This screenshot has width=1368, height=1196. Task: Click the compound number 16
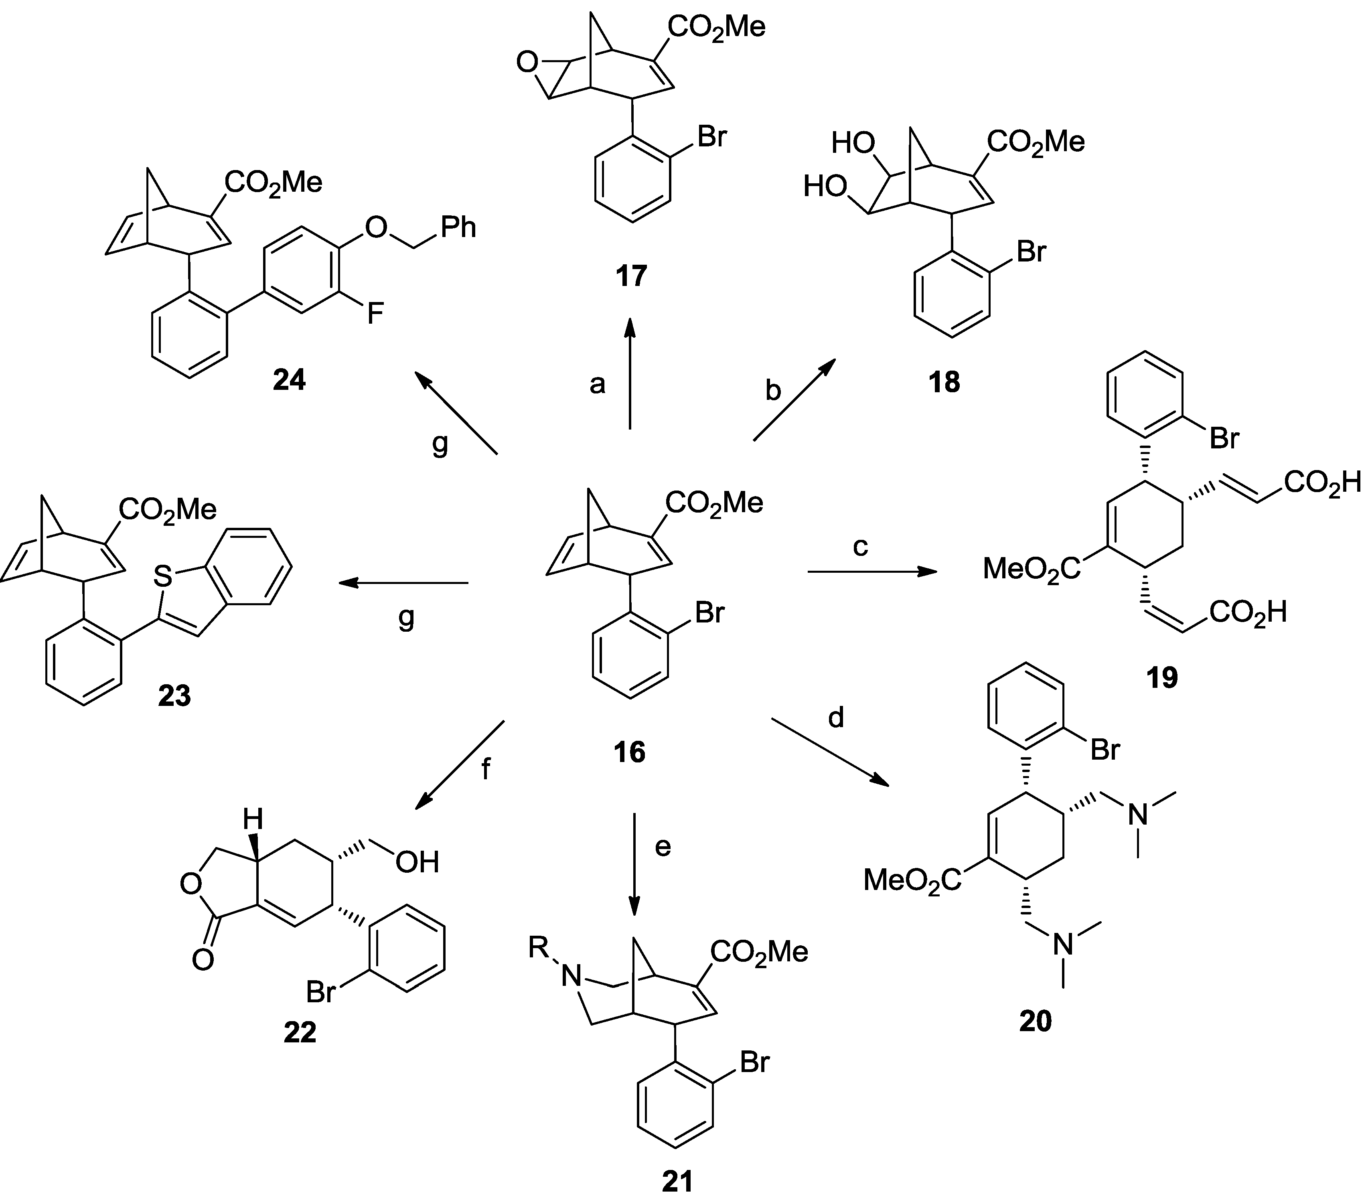point(629,752)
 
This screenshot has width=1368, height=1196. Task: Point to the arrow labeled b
point(794,400)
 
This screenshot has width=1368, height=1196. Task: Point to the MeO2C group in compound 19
point(1032,569)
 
